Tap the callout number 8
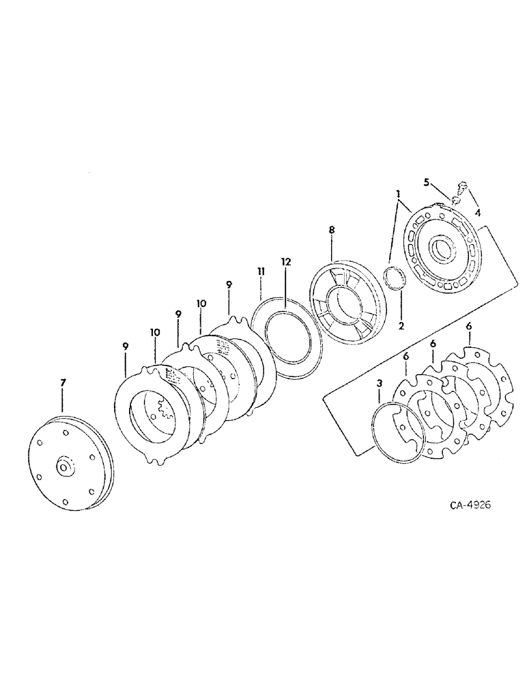[332, 231]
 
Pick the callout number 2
[401, 326]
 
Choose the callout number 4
[478, 212]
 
